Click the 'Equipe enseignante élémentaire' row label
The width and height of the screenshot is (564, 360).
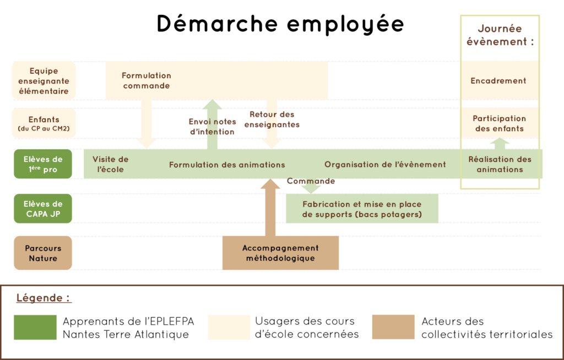(44, 81)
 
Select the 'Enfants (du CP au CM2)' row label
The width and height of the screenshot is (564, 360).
(44, 124)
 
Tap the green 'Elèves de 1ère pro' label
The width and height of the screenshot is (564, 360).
(43, 164)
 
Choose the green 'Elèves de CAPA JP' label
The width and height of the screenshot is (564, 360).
(44, 209)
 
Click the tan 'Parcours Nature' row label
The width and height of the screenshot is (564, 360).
(43, 253)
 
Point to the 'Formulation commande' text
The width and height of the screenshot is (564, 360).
(147, 80)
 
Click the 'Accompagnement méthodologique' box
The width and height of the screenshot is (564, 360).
(280, 253)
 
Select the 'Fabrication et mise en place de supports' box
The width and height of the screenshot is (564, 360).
(362, 209)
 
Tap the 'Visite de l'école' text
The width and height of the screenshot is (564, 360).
(110, 164)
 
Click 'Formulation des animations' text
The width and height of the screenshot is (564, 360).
(227, 165)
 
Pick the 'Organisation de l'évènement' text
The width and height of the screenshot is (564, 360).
(385, 164)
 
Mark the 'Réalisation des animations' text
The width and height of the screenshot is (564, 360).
(500, 164)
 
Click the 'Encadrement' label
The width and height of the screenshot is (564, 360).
(498, 80)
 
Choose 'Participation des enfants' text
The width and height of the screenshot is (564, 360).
(499, 123)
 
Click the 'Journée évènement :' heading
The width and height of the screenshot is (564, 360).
(500, 35)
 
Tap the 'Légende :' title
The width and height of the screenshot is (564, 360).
(44, 298)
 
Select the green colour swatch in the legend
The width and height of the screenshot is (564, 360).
(35, 327)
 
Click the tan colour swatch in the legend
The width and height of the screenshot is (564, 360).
(393, 327)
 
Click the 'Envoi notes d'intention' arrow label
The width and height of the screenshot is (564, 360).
(212, 127)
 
